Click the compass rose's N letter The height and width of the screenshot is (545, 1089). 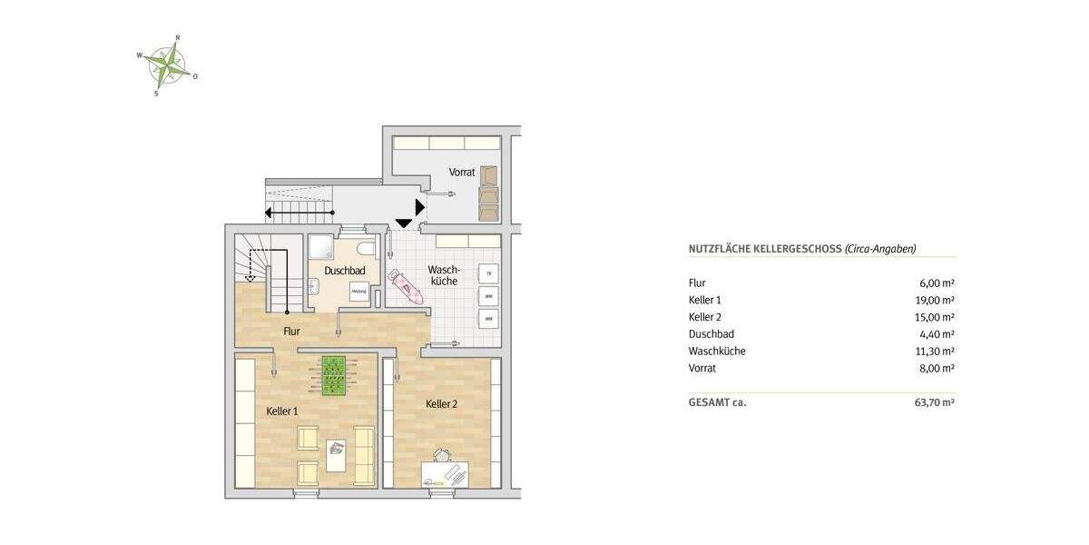(x=177, y=37)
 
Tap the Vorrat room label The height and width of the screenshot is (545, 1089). (x=462, y=172)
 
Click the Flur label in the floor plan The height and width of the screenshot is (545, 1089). (x=291, y=332)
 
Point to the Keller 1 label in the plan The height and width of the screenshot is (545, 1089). (x=282, y=411)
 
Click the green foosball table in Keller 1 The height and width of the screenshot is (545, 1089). (x=335, y=374)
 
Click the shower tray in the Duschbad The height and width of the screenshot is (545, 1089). (x=321, y=249)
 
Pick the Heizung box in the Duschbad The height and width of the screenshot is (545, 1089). (x=359, y=291)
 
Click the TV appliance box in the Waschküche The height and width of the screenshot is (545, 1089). (x=488, y=273)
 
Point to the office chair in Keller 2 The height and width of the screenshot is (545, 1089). (x=442, y=457)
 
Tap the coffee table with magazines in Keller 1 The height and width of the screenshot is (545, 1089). (x=336, y=450)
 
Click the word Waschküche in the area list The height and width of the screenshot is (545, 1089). (x=717, y=351)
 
